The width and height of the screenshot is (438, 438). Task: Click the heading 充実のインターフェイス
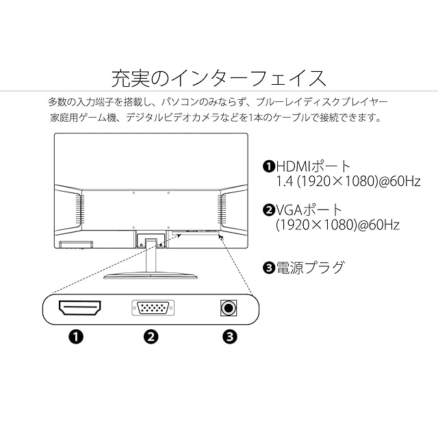point(218,75)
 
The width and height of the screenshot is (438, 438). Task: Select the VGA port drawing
point(152,308)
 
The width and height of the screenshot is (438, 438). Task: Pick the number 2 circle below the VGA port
point(152,336)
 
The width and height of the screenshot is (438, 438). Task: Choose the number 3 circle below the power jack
point(230,336)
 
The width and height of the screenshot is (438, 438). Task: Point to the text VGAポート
point(309,209)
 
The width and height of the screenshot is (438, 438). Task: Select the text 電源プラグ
point(309,267)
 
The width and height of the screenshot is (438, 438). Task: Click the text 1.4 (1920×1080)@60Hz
point(337,182)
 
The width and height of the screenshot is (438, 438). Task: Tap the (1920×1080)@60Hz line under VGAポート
point(337,224)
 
